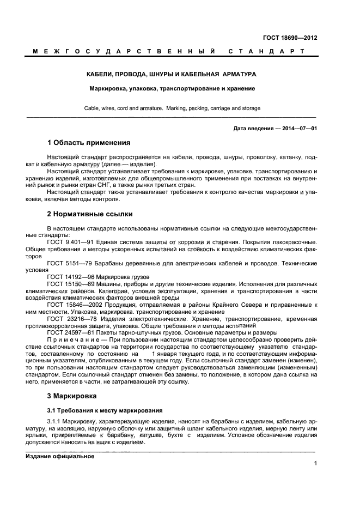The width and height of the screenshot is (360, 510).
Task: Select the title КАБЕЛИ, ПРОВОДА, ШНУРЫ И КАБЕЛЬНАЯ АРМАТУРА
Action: point(172,74)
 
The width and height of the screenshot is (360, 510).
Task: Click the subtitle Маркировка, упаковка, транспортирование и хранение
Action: point(172,88)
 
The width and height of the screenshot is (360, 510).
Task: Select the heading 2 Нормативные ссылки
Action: point(90,214)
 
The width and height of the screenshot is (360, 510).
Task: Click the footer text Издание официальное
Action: point(60,457)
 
